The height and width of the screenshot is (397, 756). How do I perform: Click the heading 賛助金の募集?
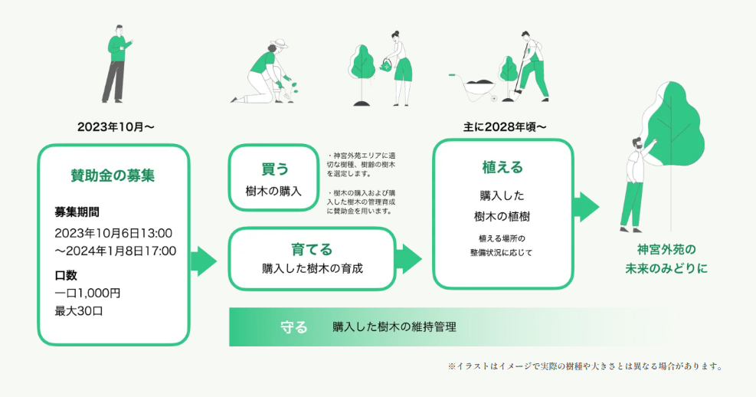click(113, 176)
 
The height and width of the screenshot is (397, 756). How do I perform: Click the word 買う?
click(273, 169)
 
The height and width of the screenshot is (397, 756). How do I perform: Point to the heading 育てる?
click(312, 249)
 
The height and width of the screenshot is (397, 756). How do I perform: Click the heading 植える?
click(502, 167)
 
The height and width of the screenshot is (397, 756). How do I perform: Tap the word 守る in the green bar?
click(294, 327)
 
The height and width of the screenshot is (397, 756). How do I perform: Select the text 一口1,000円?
click(88, 293)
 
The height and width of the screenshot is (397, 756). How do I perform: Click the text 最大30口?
click(79, 311)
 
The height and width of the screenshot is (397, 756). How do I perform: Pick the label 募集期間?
click(77, 212)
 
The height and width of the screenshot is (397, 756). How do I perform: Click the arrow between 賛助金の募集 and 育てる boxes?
click(203, 261)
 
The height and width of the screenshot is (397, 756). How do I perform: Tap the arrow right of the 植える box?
click(586, 206)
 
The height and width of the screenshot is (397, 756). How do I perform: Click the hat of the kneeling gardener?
click(280, 45)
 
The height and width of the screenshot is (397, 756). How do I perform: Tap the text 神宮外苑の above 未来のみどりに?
click(666, 250)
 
